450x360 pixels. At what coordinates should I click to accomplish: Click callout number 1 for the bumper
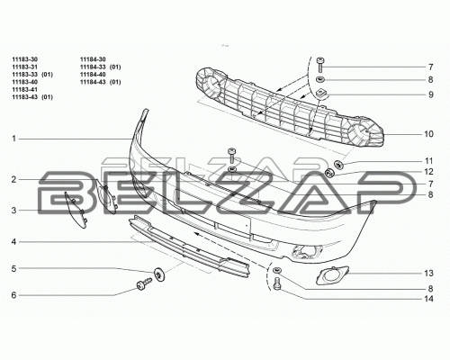coord(13,139)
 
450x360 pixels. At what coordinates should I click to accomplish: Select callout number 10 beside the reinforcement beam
coord(428,134)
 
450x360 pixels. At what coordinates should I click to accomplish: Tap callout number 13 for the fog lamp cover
coord(428,274)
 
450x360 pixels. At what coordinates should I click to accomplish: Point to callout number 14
coord(428,299)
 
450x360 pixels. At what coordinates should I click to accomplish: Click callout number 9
coord(431,94)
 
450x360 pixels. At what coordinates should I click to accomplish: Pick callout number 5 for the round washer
coord(13,268)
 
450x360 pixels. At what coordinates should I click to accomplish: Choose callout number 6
coord(13,295)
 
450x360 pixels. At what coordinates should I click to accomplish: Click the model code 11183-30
coord(25,59)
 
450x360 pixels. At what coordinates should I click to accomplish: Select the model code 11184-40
coord(93,75)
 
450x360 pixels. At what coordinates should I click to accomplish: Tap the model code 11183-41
coord(25,89)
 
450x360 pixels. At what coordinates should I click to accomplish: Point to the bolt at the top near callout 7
coord(320,64)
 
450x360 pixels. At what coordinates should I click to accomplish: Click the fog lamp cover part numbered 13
coord(332,274)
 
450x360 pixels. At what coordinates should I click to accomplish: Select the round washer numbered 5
coord(158,274)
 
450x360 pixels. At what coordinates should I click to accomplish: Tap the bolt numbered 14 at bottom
coord(277,283)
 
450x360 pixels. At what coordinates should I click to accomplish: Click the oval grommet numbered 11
coord(338,164)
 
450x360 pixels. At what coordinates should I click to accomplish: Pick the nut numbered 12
coord(330,173)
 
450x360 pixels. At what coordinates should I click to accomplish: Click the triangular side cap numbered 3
coord(76,210)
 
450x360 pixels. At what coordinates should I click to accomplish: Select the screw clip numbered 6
coord(144,284)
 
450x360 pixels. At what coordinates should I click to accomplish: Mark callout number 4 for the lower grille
coord(13,242)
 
